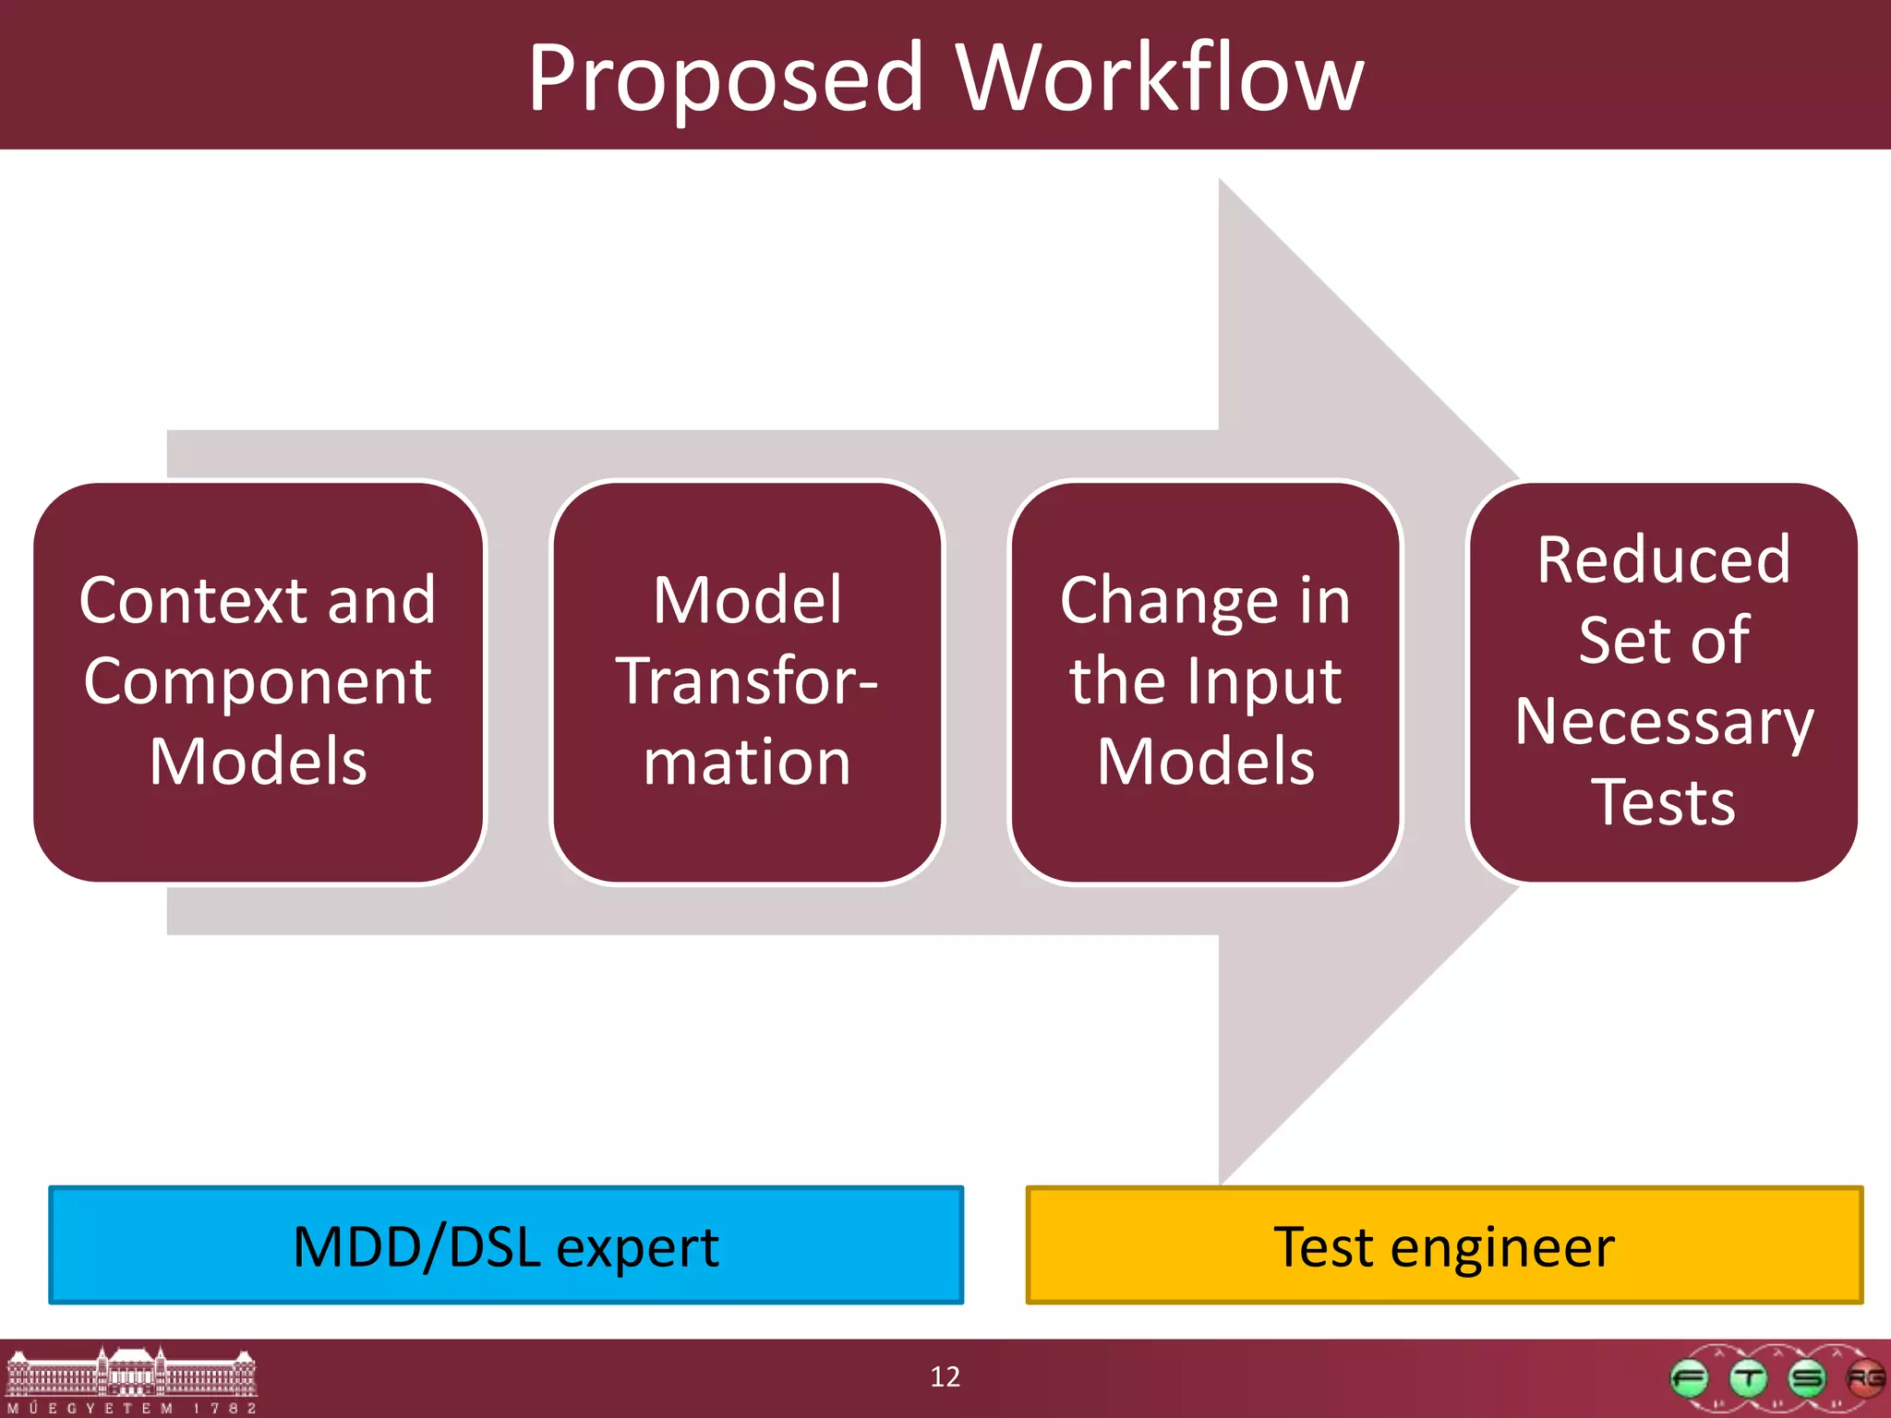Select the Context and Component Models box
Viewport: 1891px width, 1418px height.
click(x=259, y=681)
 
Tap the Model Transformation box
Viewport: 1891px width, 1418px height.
click(x=746, y=681)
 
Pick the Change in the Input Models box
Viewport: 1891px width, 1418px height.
click(x=1205, y=681)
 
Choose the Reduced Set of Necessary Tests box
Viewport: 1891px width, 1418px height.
click(x=1663, y=681)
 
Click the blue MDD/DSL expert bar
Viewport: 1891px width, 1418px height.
click(x=506, y=1245)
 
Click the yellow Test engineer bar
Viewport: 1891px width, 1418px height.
click(x=1444, y=1245)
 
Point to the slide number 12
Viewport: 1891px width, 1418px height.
click(x=945, y=1376)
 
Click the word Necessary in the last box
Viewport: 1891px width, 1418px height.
click(x=1664, y=722)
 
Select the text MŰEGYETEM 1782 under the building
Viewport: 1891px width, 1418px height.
click(x=131, y=1408)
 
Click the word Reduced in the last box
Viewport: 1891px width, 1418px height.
click(x=1664, y=560)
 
